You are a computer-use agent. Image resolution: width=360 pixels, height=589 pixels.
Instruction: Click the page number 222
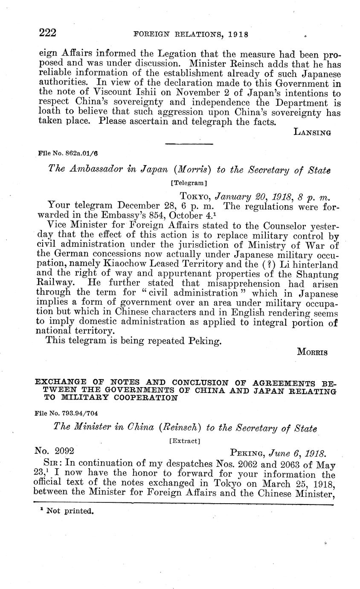pos(48,33)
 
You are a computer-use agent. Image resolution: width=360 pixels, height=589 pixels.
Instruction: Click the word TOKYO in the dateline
pos(195,196)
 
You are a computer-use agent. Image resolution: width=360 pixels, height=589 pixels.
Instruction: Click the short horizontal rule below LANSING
pos(189,144)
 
